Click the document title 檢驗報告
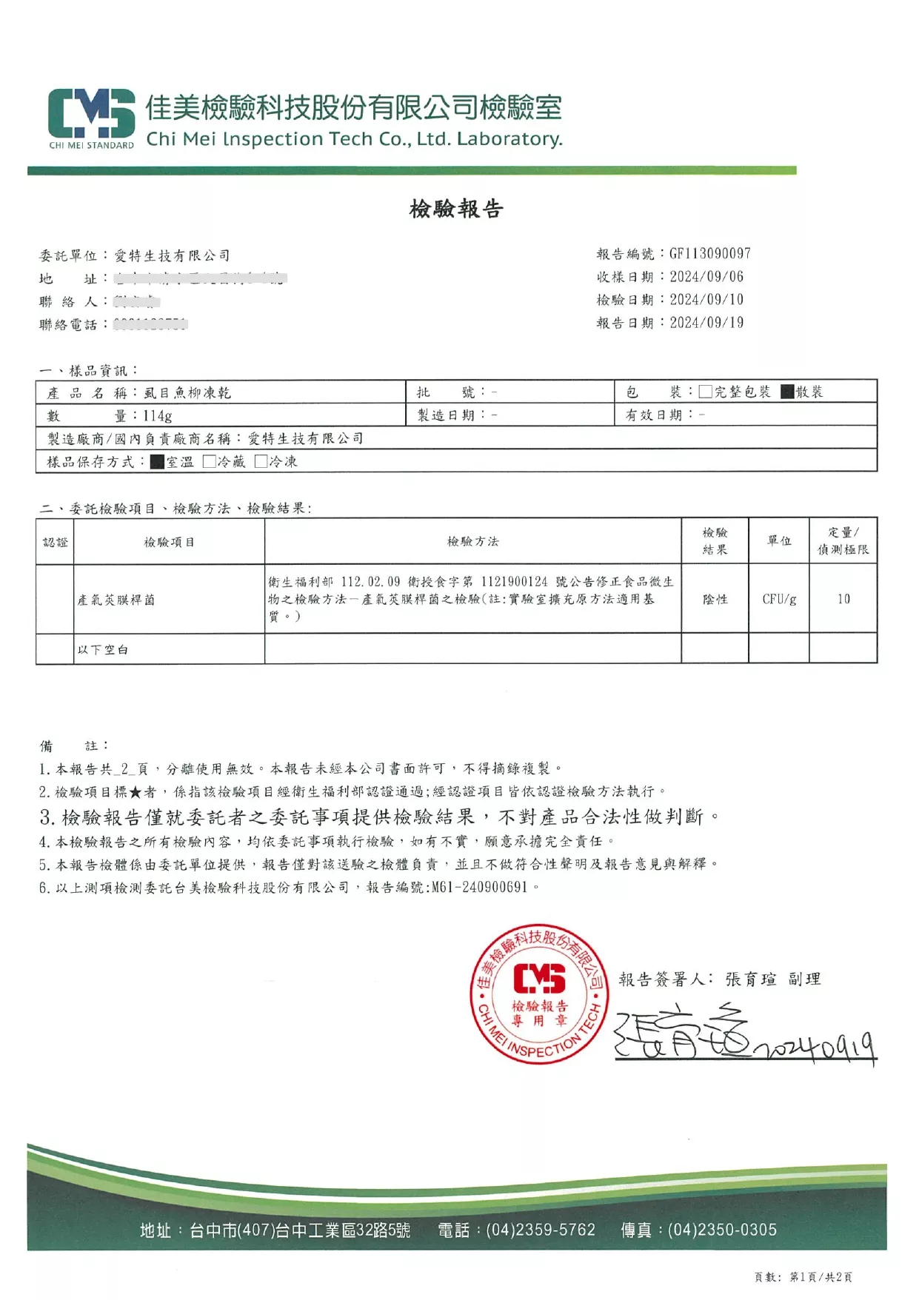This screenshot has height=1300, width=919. (456, 209)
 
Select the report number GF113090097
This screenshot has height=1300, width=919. (709, 254)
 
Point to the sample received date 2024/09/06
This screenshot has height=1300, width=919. (706, 277)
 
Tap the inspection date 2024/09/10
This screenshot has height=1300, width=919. (706, 300)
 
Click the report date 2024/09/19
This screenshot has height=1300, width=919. (706, 323)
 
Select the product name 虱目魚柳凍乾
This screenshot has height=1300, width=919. (187, 393)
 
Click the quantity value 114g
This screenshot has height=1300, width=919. (158, 416)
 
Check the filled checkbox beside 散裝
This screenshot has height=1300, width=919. (787, 392)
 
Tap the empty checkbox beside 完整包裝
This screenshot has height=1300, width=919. (705, 392)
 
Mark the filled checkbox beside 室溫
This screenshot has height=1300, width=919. (157, 462)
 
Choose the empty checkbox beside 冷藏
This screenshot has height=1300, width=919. (210, 462)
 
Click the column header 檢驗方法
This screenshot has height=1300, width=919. (472, 542)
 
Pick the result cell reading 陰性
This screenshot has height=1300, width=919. (715, 600)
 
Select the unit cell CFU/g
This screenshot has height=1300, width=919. (779, 600)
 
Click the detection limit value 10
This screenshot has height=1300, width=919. (843, 600)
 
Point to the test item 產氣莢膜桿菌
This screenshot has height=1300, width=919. (116, 600)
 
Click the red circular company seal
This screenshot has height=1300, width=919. (539, 994)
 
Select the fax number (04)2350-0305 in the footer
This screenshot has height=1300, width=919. (722, 1230)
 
